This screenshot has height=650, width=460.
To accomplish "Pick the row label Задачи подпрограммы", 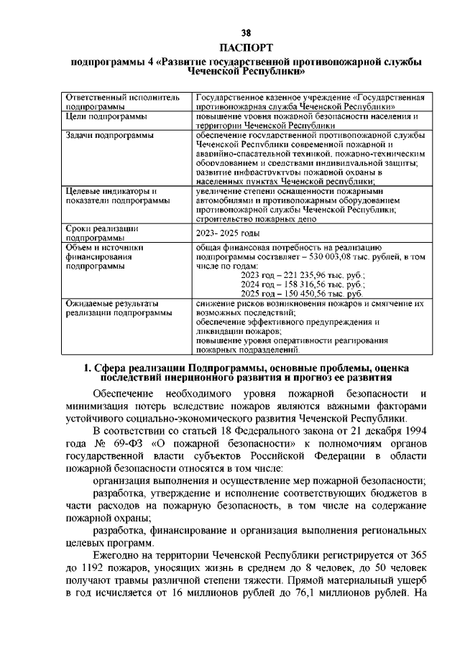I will pos(109,135).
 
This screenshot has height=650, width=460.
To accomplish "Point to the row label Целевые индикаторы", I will pos(111,191).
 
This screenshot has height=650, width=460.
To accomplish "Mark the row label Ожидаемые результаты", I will pos(114,304).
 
